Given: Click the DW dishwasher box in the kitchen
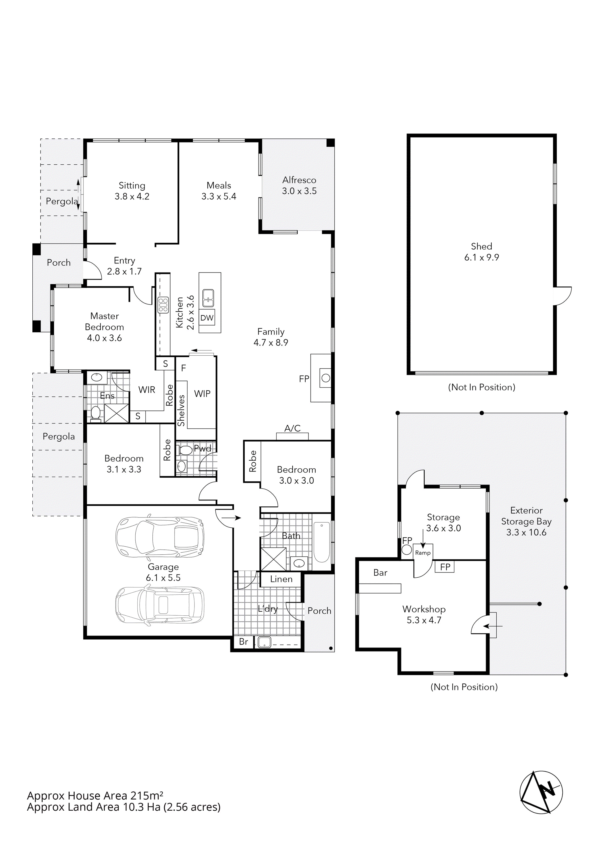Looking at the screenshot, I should pyautogui.click(x=207, y=318).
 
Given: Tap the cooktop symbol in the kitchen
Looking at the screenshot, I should pyautogui.click(x=163, y=305).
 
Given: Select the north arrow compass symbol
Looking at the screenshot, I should pyautogui.click(x=541, y=792).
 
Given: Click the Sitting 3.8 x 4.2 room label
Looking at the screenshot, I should pyautogui.click(x=132, y=191).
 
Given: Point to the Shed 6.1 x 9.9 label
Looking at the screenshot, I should pyautogui.click(x=481, y=252).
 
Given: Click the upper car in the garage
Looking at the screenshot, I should pyautogui.click(x=160, y=537).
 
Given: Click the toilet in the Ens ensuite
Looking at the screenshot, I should pyautogui.click(x=95, y=414).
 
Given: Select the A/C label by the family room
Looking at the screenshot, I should pyautogui.click(x=292, y=428).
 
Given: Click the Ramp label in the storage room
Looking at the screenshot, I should pyautogui.click(x=423, y=553).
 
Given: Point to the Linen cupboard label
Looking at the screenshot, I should pyautogui.click(x=281, y=579).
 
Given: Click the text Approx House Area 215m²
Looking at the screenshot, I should pyautogui.click(x=95, y=796).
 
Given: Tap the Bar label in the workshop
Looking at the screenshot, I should pyautogui.click(x=380, y=573).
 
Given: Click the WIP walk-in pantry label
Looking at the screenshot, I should pyautogui.click(x=202, y=394).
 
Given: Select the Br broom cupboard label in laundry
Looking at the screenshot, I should pyautogui.click(x=243, y=642).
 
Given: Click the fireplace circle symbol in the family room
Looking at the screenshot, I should pyautogui.click(x=325, y=378).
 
